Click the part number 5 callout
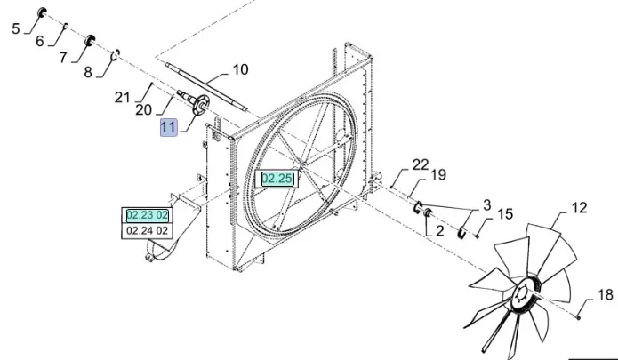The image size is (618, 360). click(x=16, y=28)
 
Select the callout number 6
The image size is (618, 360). click(x=39, y=42)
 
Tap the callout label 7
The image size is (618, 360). click(x=63, y=58)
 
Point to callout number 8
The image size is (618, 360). click(x=87, y=73)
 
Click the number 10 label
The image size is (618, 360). click(x=241, y=69)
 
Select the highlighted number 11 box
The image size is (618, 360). click(x=169, y=128)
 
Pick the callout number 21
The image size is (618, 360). click(x=122, y=96)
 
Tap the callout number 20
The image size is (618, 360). click(x=143, y=110)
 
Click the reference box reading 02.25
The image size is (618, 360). click(x=277, y=179)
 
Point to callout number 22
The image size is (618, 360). click(x=420, y=164)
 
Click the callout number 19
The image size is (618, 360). click(x=438, y=175)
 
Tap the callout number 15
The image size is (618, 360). click(x=504, y=214)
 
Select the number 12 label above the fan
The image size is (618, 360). click(x=579, y=209)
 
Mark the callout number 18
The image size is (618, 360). click(x=605, y=294)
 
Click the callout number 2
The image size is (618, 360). click(x=439, y=231)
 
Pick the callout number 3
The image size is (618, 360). click(x=486, y=206)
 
